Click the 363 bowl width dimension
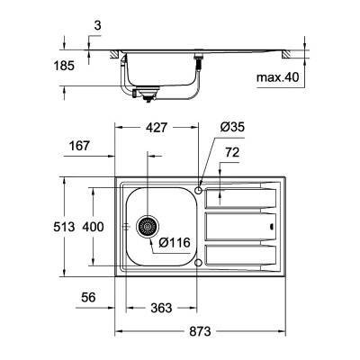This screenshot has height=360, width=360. (160, 309)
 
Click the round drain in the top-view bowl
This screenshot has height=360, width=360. (148, 226)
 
